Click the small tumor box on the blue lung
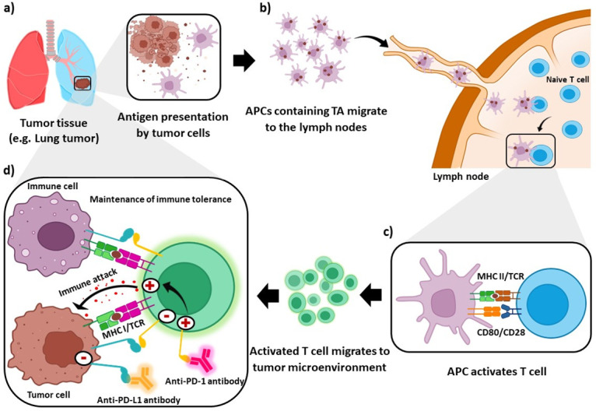pos(82,83)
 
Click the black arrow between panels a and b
pos(244,61)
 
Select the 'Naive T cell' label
pos(567,79)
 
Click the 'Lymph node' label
pos(461,177)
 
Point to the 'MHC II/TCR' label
pos(500,276)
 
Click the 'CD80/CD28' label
pos(501,332)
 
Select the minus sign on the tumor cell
pos(83,357)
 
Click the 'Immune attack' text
pos(87,283)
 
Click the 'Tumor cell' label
pos(48,395)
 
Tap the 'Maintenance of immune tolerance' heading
pos(160,198)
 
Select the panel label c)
pos(388,232)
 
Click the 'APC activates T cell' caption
pos(496,371)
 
